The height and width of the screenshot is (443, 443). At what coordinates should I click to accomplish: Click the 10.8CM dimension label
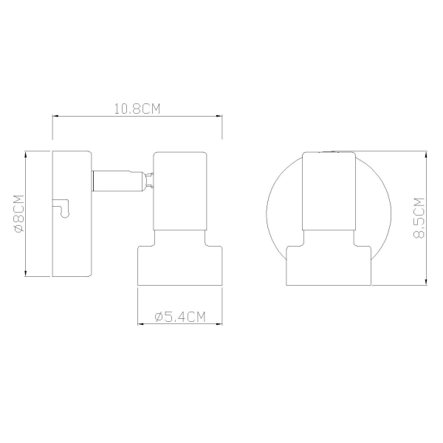point(137,109)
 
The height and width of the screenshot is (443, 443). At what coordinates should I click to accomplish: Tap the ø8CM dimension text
point(19,213)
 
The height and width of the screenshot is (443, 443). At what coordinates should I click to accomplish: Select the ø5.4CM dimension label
point(180,317)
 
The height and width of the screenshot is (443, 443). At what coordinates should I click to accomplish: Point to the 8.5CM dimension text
point(419,218)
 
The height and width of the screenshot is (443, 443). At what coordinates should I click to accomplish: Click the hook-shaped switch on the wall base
point(63,208)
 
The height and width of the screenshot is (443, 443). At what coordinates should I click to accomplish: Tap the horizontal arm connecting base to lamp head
point(118,181)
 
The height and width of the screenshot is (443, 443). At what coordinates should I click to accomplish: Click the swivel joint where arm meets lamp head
point(149,181)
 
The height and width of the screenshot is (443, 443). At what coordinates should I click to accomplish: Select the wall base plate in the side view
point(72,213)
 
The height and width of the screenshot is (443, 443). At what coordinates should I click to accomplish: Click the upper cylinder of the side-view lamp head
point(180,191)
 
